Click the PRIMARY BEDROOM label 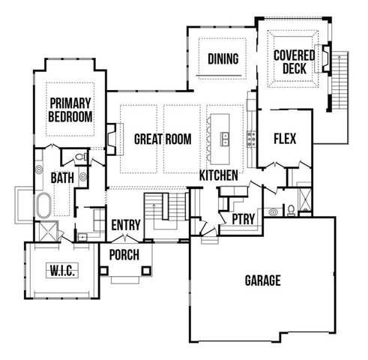point(70,109)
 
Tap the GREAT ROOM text point(162,139)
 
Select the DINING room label point(223,59)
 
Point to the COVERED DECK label point(294,62)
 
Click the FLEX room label point(285,139)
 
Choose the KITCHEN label point(219,175)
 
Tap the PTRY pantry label point(243,220)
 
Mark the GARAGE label point(262,280)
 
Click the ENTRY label point(126,225)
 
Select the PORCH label point(124,255)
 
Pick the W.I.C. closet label point(60,269)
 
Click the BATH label point(61,178)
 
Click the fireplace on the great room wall point(111,138)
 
